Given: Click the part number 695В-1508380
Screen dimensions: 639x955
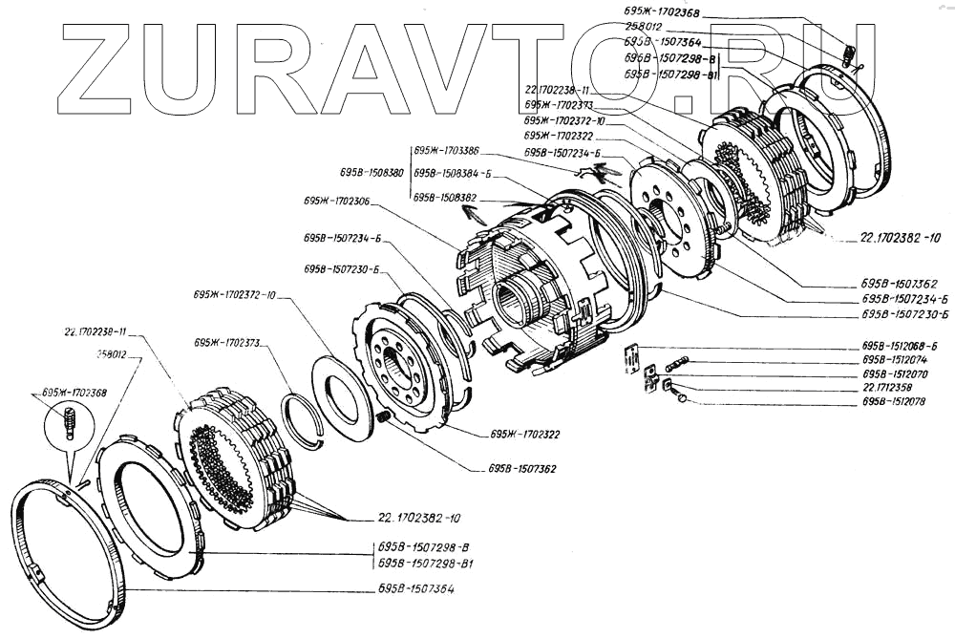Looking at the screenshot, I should [371, 173].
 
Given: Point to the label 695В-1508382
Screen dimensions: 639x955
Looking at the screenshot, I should [445, 197].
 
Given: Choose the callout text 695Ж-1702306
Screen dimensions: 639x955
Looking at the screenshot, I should [337, 202].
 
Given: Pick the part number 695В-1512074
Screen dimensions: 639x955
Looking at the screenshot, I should [894, 360].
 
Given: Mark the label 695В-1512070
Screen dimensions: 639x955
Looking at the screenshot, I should [894, 374].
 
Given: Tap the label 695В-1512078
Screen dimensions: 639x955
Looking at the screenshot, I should [894, 403].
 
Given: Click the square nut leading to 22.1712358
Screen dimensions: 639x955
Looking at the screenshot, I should [668, 386].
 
